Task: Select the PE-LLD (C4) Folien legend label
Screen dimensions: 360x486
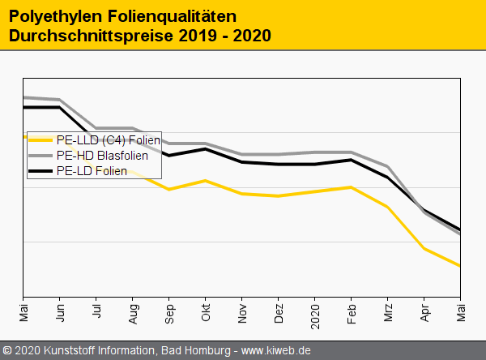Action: [109, 140]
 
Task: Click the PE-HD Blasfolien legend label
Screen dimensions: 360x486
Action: [102, 155]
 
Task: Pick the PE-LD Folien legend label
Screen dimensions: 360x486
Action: [92, 170]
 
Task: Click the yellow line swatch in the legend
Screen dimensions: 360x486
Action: [41, 140]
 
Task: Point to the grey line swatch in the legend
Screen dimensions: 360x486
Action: [41, 155]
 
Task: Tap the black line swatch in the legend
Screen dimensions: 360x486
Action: [41, 170]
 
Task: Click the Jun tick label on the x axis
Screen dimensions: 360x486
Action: [60, 312]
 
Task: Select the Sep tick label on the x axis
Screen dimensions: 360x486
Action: [169, 312]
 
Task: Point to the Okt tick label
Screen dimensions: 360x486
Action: [206, 312]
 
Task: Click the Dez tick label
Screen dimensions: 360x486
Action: [279, 312]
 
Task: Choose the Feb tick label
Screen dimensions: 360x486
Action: [352, 312]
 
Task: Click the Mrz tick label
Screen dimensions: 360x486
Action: [388, 312]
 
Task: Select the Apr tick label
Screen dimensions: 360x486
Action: [424, 312]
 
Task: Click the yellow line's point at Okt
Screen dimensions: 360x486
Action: [206, 180]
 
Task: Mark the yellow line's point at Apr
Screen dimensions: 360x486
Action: [424, 248]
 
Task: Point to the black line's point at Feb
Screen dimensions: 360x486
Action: [352, 160]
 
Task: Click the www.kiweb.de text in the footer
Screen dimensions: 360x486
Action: [276, 351]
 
